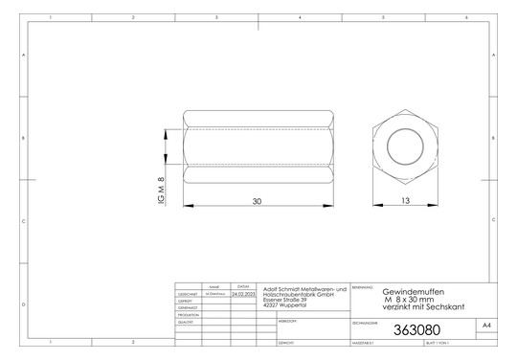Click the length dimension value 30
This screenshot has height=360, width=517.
pos(257,202)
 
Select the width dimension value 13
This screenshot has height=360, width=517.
pos(406,202)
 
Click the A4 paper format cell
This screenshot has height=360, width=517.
pos(486,326)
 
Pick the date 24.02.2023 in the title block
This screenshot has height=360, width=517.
pos(243,294)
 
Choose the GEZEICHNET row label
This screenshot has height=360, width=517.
pos(189,294)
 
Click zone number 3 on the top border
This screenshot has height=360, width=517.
pos(217,18)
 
